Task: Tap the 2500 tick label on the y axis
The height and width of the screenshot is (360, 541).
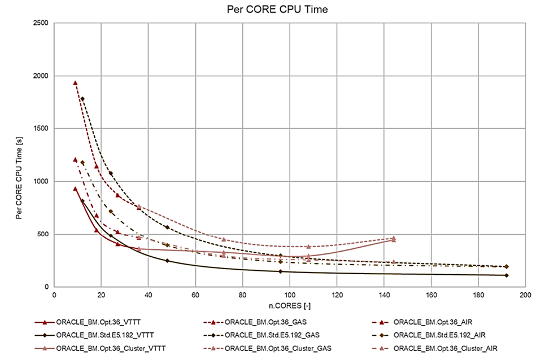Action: (41, 23)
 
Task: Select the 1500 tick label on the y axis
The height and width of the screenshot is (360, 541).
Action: (41, 129)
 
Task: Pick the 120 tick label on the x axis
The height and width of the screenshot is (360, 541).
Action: (337, 294)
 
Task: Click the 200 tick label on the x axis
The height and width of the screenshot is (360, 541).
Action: (525, 294)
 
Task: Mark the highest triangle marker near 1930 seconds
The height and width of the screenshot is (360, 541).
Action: (75, 83)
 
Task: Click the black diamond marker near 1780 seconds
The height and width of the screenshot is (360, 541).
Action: (82, 99)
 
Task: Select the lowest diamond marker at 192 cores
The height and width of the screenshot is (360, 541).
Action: (506, 275)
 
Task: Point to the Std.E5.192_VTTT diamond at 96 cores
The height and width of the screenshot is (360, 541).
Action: (280, 271)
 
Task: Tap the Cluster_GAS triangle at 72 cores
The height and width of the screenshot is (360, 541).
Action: (224, 239)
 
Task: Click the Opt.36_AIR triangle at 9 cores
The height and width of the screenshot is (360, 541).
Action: (75, 160)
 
